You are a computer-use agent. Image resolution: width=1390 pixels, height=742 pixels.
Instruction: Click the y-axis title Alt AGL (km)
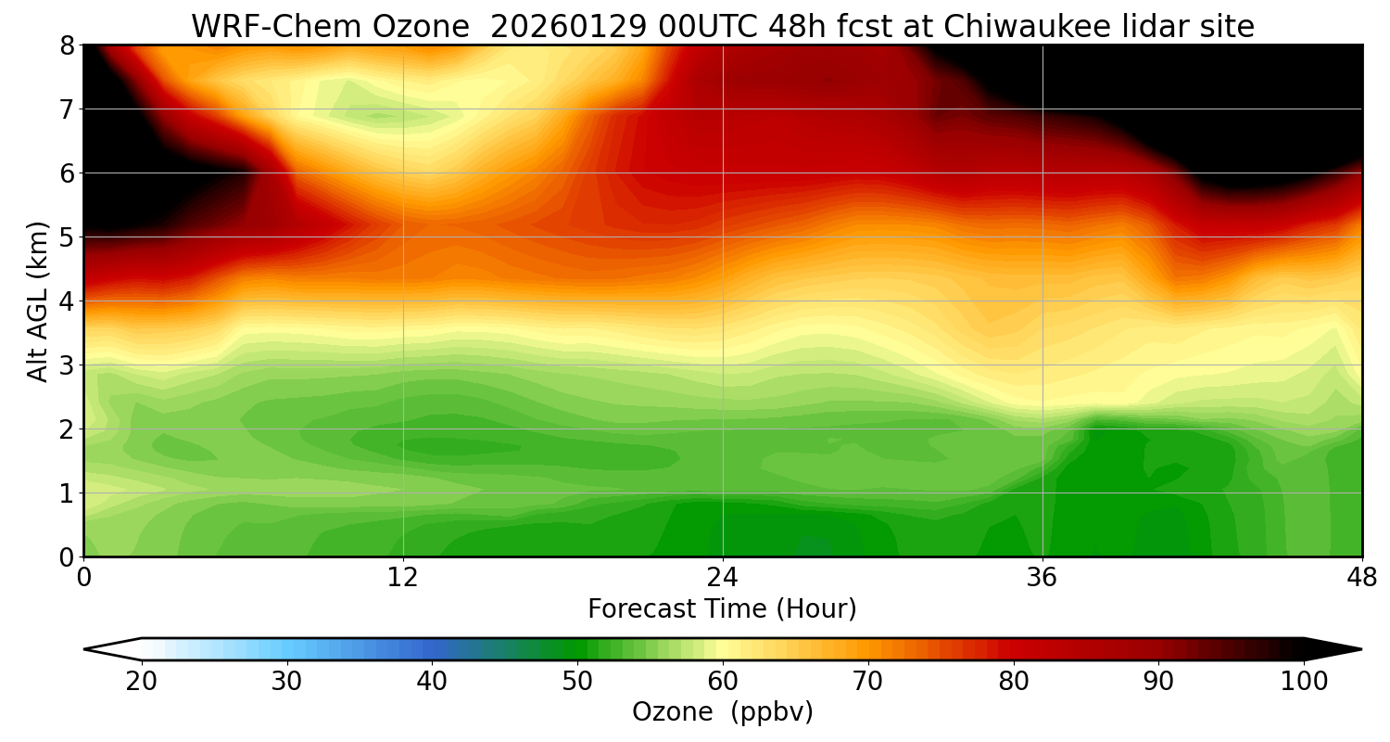click(x=38, y=301)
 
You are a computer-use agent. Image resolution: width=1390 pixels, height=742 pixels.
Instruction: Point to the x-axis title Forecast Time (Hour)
click(x=722, y=609)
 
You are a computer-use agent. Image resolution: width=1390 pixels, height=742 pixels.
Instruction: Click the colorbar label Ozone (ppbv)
click(x=722, y=712)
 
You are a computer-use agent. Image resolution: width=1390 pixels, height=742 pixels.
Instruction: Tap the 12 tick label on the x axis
click(x=403, y=578)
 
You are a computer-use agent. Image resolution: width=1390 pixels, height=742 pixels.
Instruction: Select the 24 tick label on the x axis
click(x=723, y=578)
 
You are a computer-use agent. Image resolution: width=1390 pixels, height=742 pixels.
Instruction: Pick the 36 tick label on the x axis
click(x=1042, y=578)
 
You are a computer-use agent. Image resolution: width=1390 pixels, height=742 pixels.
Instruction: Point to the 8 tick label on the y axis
click(x=66, y=45)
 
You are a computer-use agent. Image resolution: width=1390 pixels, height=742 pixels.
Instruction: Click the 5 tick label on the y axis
click(x=66, y=237)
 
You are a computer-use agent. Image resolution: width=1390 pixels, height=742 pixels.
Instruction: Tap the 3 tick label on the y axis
click(x=66, y=365)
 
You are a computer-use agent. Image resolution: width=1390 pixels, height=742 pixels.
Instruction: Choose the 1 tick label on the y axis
click(x=66, y=493)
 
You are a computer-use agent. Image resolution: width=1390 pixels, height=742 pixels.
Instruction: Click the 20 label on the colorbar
click(x=142, y=683)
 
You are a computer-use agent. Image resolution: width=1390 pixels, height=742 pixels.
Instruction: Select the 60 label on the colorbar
click(x=723, y=683)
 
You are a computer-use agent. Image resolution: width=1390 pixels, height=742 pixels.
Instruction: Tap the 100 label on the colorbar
click(x=1304, y=683)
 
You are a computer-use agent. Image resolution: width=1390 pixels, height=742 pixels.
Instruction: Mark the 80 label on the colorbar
click(x=1014, y=683)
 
